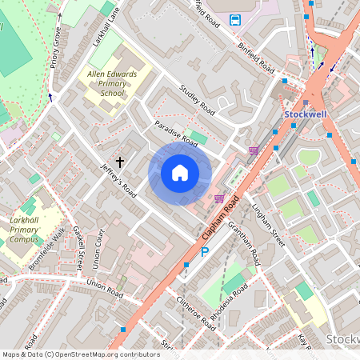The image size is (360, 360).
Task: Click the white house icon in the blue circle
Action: pyautogui.click(x=180, y=172)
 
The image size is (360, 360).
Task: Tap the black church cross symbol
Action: pyautogui.click(x=120, y=162)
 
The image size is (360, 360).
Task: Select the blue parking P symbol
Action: pyautogui.click(x=205, y=253)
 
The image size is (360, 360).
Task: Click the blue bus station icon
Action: pyautogui.click(x=236, y=19)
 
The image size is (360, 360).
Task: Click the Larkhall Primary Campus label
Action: pyautogui.click(x=24, y=230)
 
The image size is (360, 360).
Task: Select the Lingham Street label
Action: pyautogui.click(x=268, y=224)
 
